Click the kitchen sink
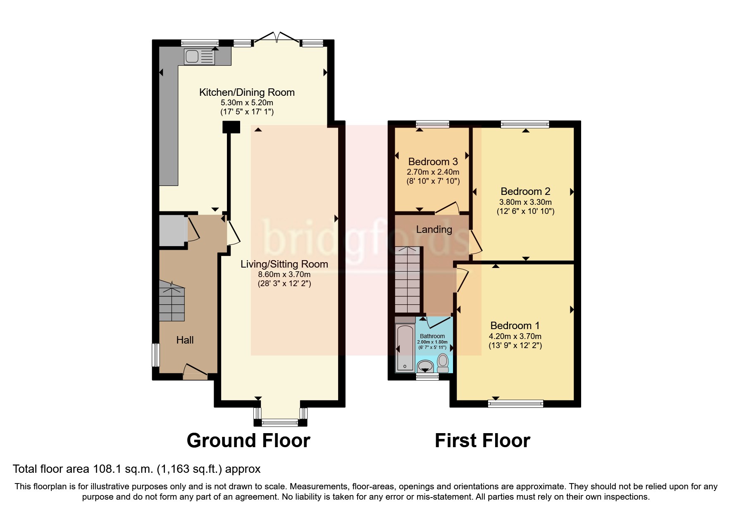point(200,57)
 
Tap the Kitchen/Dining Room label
point(247,92)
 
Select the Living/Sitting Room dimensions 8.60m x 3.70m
point(284,275)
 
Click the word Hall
point(185,340)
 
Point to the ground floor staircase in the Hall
point(172,301)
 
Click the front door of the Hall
point(196,373)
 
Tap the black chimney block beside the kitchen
point(231,127)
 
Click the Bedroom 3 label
point(433,162)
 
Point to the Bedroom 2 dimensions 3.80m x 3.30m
point(525,202)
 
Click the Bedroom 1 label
point(515,325)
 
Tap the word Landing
point(434,230)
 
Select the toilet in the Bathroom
point(443,363)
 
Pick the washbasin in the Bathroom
point(425,366)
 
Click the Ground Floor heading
point(248,441)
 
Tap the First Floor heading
point(482,441)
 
